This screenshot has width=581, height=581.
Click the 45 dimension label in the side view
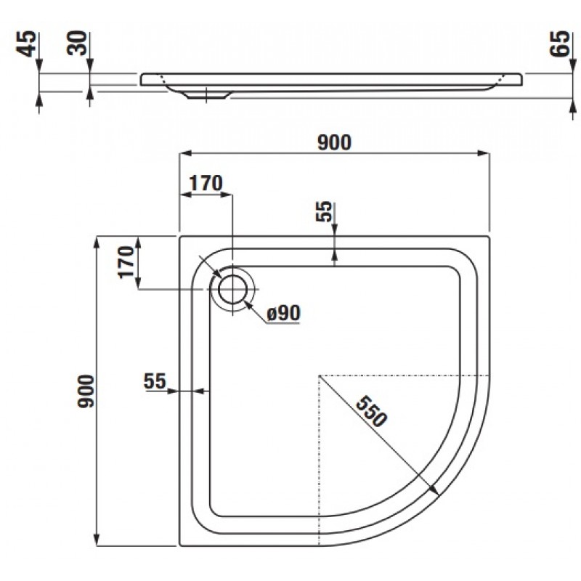point(27,44)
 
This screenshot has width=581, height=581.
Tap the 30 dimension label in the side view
point(77,43)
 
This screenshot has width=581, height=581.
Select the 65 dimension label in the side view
point(558,44)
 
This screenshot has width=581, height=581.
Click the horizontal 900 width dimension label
point(334,142)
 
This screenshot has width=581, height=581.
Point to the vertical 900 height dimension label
point(86,391)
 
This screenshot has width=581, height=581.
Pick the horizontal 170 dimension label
point(206,183)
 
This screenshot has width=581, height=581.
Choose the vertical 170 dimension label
point(126,261)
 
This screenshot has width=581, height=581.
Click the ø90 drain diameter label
point(283,314)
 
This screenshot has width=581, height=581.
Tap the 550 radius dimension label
point(371,411)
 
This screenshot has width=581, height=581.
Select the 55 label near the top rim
point(324,211)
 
